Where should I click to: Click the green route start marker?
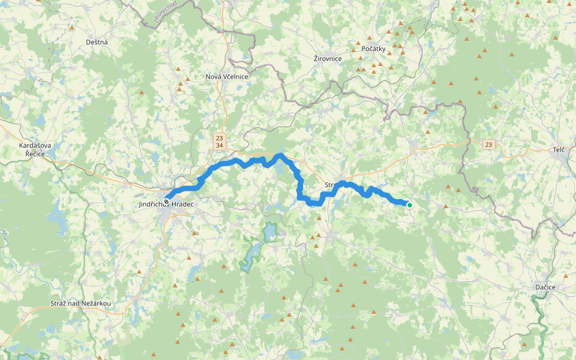pyautogui.click(x=410, y=205)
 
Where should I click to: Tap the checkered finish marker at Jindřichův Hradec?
pyautogui.click(x=166, y=202)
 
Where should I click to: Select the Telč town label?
pyautogui.click(x=560, y=149)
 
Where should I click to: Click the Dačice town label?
pyautogui.click(x=545, y=288)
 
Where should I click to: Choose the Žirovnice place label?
pyautogui.click(x=328, y=58)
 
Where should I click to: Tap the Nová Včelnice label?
pyautogui.click(x=227, y=77)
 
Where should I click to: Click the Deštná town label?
pyautogui.click(x=97, y=42)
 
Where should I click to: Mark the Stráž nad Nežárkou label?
pyautogui.click(x=81, y=304)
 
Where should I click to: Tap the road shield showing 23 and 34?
pyautogui.click(x=220, y=141)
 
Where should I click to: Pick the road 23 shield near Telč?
pyautogui.click(x=489, y=145)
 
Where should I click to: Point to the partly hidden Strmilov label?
pyautogui.click(x=332, y=185)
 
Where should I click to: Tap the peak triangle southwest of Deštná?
pyautogui.click(x=72, y=28)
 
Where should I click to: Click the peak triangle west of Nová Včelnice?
pyautogui.click(x=187, y=79)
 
